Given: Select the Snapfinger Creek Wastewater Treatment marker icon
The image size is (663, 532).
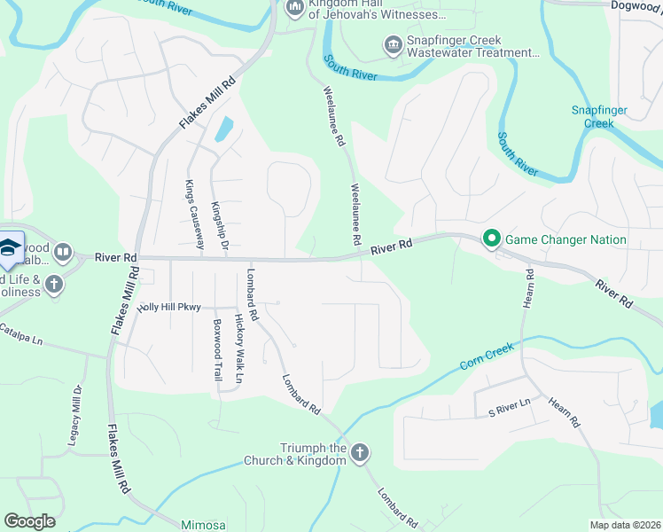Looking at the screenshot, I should pyautogui.click(x=392, y=44).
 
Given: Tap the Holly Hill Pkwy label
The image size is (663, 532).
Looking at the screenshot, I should pyautogui.click(x=169, y=307).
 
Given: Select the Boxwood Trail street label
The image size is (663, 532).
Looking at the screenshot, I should pyautogui.click(x=217, y=350).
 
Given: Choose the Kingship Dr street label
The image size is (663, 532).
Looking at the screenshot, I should pyautogui.click(x=219, y=225).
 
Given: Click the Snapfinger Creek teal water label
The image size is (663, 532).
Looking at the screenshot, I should pyautogui.click(x=598, y=116).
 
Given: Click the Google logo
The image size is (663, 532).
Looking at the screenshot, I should pyautogui.click(x=29, y=521).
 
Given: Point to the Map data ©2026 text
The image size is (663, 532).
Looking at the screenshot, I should pyautogui.click(x=624, y=525).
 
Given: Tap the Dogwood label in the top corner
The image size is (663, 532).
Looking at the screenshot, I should pyautogui.click(x=636, y=5).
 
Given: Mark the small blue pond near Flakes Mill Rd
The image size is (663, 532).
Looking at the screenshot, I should pyautogui.click(x=223, y=129).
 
